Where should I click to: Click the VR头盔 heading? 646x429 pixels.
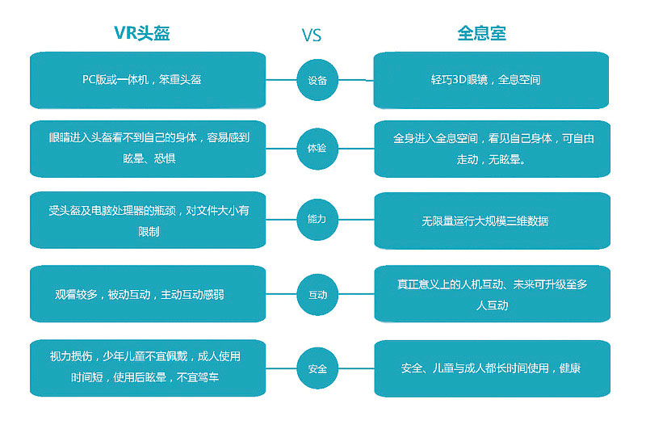[x=142, y=33]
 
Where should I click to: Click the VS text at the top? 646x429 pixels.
[x=312, y=36]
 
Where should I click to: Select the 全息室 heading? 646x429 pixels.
[x=481, y=33]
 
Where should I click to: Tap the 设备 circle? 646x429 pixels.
[x=317, y=80]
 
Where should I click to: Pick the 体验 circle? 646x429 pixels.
[x=317, y=149]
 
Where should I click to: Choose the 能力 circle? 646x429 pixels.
[x=317, y=220]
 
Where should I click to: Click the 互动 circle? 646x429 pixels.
[x=317, y=294]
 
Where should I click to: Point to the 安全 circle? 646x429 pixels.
[x=317, y=368]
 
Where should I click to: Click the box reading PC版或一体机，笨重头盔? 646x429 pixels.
[x=148, y=80]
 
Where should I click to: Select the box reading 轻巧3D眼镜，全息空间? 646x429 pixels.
[x=491, y=80]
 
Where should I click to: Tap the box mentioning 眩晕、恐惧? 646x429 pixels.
[x=148, y=149]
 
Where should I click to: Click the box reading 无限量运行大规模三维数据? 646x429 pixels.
[x=492, y=221]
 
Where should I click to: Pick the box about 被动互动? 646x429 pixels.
[x=148, y=294]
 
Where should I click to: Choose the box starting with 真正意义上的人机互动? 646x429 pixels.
[x=492, y=294]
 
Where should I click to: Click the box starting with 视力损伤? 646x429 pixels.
[x=148, y=368]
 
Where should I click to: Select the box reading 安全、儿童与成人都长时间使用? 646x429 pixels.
[x=492, y=368]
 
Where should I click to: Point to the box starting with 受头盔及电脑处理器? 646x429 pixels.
[x=148, y=220]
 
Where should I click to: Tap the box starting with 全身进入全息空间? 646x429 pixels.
[x=492, y=149]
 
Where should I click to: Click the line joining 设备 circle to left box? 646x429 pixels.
[x=281, y=80]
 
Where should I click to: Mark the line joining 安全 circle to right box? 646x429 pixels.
[x=356, y=368]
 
